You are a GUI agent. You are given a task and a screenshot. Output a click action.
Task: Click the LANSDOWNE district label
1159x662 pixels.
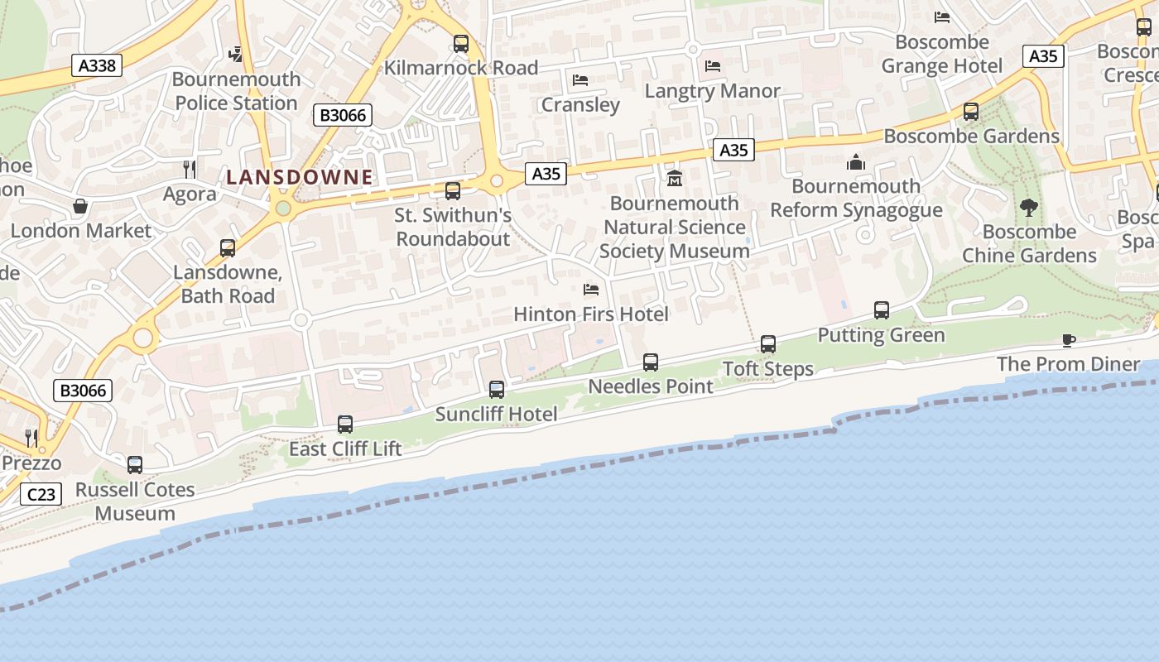300,177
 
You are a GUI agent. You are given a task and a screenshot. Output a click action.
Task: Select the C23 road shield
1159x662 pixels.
41,495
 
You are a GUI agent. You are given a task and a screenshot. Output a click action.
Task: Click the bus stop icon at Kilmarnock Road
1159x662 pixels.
461,44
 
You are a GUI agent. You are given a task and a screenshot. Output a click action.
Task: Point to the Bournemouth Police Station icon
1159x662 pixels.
236,55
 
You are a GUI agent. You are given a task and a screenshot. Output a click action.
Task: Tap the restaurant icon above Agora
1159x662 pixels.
190,170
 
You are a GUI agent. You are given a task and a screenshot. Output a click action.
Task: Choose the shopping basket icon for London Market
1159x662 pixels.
80,206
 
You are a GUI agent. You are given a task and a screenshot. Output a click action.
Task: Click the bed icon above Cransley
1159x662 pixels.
580,80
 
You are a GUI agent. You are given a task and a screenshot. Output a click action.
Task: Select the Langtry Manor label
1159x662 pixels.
712,91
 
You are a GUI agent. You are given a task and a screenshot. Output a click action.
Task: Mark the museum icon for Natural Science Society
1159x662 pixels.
675,178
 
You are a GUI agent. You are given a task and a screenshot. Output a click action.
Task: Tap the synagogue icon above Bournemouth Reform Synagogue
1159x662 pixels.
856,162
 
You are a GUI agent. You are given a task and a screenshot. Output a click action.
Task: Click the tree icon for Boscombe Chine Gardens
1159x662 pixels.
1029,207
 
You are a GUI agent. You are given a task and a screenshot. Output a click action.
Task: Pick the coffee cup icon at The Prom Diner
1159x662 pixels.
1068,340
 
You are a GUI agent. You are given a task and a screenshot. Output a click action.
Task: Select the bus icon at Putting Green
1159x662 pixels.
882,310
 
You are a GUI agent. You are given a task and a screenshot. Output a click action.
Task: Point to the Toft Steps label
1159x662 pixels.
768,369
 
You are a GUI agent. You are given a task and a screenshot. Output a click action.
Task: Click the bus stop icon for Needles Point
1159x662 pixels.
651,362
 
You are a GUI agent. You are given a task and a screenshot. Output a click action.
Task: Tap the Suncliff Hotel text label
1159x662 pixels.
496,414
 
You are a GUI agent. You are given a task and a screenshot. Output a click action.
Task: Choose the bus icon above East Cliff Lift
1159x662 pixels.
345,425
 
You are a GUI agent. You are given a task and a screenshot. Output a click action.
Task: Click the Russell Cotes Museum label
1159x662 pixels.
135,501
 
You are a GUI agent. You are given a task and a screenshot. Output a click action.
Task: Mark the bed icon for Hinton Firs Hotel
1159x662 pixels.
591,290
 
